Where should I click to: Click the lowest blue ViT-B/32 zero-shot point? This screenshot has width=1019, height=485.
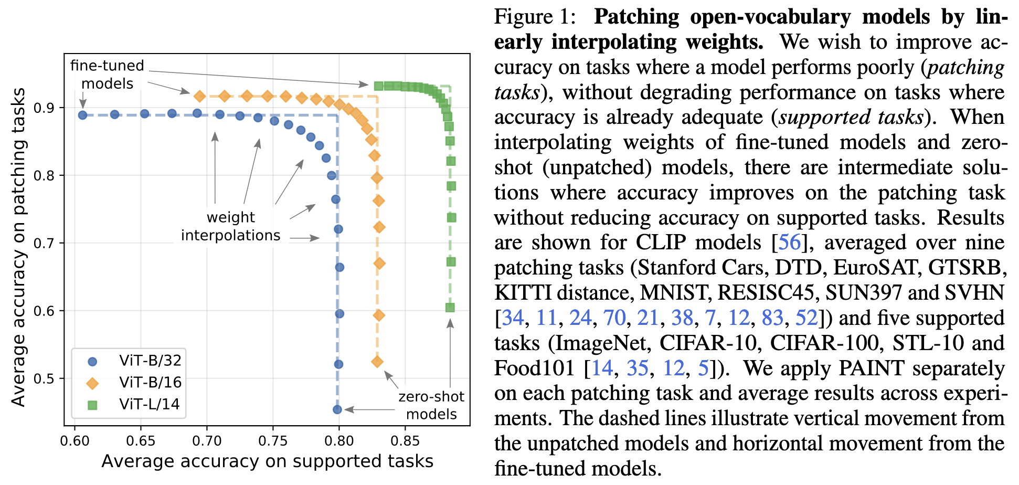(x=337, y=409)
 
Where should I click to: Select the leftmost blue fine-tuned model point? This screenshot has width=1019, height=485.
(x=82, y=115)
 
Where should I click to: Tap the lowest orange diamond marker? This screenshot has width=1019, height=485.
(x=377, y=362)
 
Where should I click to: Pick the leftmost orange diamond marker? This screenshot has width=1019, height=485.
(x=199, y=96)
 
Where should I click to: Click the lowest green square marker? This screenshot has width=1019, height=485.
(x=450, y=308)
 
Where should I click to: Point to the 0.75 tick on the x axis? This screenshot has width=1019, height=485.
(x=273, y=440)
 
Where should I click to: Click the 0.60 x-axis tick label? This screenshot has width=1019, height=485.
(x=75, y=440)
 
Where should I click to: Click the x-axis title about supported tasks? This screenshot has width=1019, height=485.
(x=267, y=461)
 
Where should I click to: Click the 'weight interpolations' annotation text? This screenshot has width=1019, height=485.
(x=231, y=226)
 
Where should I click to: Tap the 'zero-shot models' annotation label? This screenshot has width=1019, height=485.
(x=431, y=405)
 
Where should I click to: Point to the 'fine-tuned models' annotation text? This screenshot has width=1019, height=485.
(x=107, y=75)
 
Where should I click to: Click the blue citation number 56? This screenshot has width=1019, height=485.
(x=790, y=242)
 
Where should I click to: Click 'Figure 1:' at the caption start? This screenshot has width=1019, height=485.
(x=535, y=17)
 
